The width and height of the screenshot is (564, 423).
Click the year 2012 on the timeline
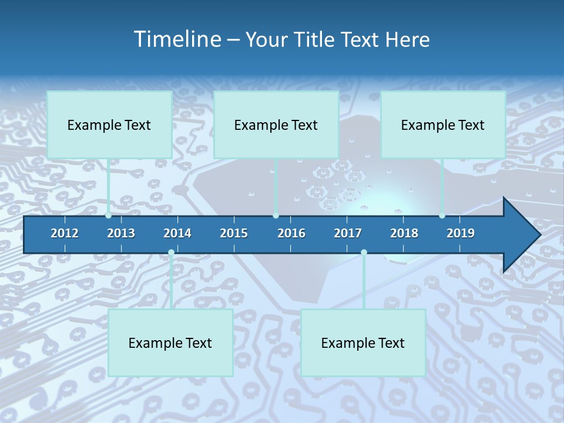pyautogui.click(x=65, y=233)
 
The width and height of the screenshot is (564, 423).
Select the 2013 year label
pyautogui.click(x=121, y=233)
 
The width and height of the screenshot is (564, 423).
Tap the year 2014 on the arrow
pyautogui.click(x=177, y=233)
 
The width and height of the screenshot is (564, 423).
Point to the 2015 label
pyautogui.click(x=234, y=233)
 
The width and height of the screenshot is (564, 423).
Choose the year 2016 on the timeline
pyautogui.click(x=291, y=233)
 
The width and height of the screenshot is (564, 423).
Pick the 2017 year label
pyautogui.click(x=348, y=233)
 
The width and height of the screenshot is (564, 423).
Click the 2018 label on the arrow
pyautogui.click(x=404, y=233)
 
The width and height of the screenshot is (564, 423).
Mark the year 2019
pyautogui.click(x=461, y=233)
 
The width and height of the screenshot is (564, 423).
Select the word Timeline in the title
pyautogui.click(x=176, y=39)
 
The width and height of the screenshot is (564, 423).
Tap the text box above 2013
pyautogui.click(x=109, y=125)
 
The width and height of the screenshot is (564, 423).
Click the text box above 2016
pyautogui.click(x=276, y=125)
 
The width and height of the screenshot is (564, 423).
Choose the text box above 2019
pyautogui.click(x=443, y=125)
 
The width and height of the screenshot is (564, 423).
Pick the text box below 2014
pyautogui.click(x=170, y=343)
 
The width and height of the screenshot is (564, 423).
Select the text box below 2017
pyautogui.click(x=363, y=343)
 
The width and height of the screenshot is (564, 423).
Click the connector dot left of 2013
pyautogui.click(x=108, y=216)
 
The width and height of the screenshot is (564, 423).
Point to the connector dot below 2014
pyautogui.click(x=171, y=252)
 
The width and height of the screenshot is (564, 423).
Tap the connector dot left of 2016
pyautogui.click(x=276, y=216)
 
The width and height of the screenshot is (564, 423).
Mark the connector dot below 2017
pyautogui.click(x=364, y=252)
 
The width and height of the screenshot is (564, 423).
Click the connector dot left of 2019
pyautogui.click(x=442, y=216)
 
